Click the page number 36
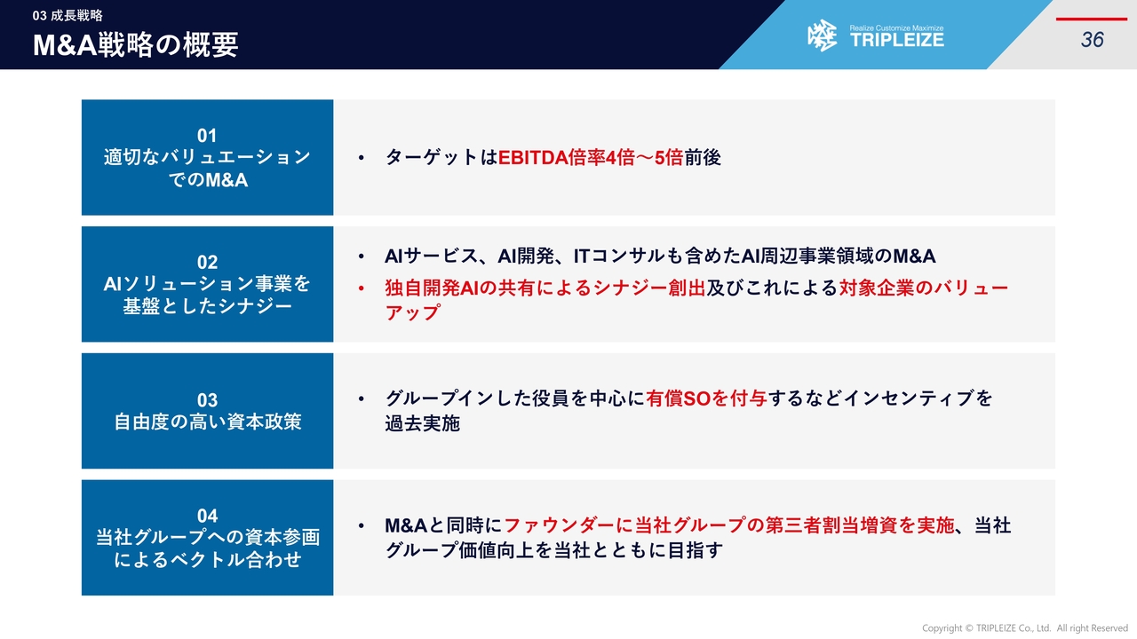pos(1092,40)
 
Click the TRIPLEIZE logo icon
pos(823,35)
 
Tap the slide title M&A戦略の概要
pos(136,44)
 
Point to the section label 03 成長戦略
pos(68,16)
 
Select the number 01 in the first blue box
pos(207,136)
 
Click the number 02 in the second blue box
pos(207,262)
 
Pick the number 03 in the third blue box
pos(207,400)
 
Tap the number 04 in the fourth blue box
pos(207,516)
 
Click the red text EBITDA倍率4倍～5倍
pos(591,158)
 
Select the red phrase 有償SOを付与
pos(706,398)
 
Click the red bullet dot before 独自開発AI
pos(361,288)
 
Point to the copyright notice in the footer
pos(1025,627)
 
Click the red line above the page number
pos(1092,20)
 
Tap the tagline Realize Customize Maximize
pos(896,28)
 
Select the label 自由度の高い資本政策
pos(208,422)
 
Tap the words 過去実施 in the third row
pos(422,423)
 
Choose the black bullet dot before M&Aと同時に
pos(361,526)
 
